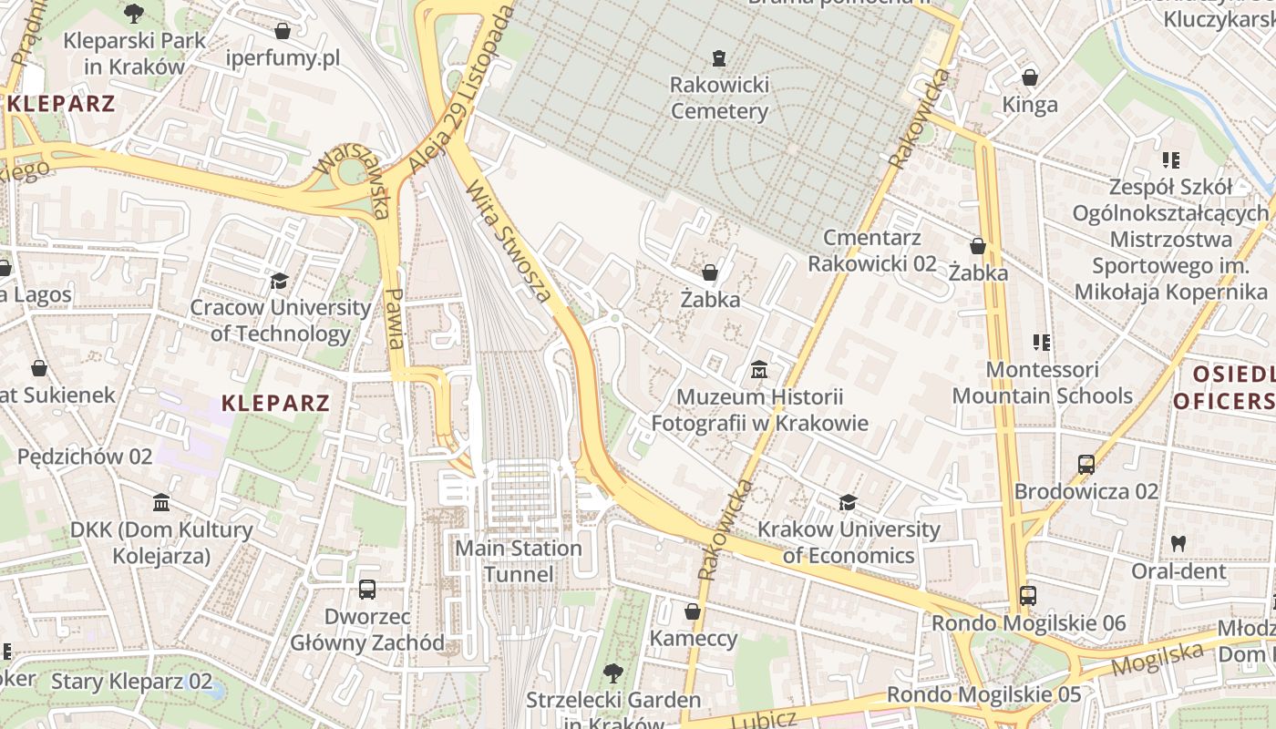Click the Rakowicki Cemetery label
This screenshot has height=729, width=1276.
pos(719,98)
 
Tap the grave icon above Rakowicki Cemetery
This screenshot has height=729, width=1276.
pos(719,58)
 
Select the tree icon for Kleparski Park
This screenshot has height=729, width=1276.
pos(134,14)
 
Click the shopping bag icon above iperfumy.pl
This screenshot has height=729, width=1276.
pos(283,31)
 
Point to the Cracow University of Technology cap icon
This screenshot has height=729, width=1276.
pos(279,281)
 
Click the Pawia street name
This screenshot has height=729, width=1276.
pos(395,318)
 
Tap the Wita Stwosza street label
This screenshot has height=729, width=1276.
pos(509,242)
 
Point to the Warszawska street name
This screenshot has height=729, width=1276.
pos(352,177)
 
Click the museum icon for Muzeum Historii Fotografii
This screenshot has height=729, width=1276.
pos(758,370)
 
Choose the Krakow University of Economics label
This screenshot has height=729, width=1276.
pos(849,542)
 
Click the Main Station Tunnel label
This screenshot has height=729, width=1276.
pos(518,561)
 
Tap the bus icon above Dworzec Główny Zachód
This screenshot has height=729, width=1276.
pos(366,590)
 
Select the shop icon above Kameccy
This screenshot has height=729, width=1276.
pos(693,611)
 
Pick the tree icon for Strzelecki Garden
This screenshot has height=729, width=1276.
pos(613,673)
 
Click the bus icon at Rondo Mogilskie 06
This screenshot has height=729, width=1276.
pos(1027,596)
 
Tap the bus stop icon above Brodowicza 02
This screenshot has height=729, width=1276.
pos(1086,464)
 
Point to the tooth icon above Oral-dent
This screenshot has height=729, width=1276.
pos(1178,543)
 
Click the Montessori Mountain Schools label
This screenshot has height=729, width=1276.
pos(1043,383)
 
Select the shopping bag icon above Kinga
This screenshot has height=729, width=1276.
pos(1030,77)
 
